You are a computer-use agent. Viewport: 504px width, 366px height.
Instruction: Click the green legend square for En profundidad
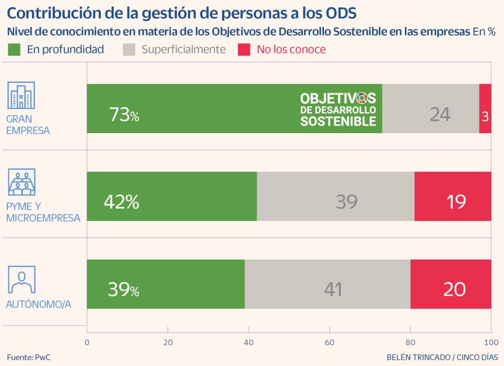tap(14, 49)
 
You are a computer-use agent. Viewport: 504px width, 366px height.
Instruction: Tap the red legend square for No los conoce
tap(244, 49)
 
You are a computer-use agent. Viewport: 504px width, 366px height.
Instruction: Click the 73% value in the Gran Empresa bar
tap(124, 115)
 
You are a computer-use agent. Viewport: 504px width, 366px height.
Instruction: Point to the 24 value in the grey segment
tap(440, 114)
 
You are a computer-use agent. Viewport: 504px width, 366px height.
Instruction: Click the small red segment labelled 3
tap(485, 116)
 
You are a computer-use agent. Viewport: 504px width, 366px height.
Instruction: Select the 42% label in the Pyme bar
tap(121, 202)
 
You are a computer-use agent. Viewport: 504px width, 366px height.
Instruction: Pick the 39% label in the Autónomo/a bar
tap(123, 289)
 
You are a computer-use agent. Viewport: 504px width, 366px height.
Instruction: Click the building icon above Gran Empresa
tap(22, 95)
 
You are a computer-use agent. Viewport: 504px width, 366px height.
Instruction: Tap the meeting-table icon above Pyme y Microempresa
tap(22, 182)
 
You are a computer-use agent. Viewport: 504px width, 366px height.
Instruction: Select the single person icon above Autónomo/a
tap(22, 280)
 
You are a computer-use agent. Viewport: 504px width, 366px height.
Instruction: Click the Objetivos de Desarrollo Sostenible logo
tap(338, 109)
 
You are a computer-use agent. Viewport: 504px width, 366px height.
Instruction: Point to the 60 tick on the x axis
tap(330, 342)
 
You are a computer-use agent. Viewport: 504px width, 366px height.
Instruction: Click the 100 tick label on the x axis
tap(491, 342)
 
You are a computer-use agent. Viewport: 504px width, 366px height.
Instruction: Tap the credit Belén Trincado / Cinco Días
tap(442, 357)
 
